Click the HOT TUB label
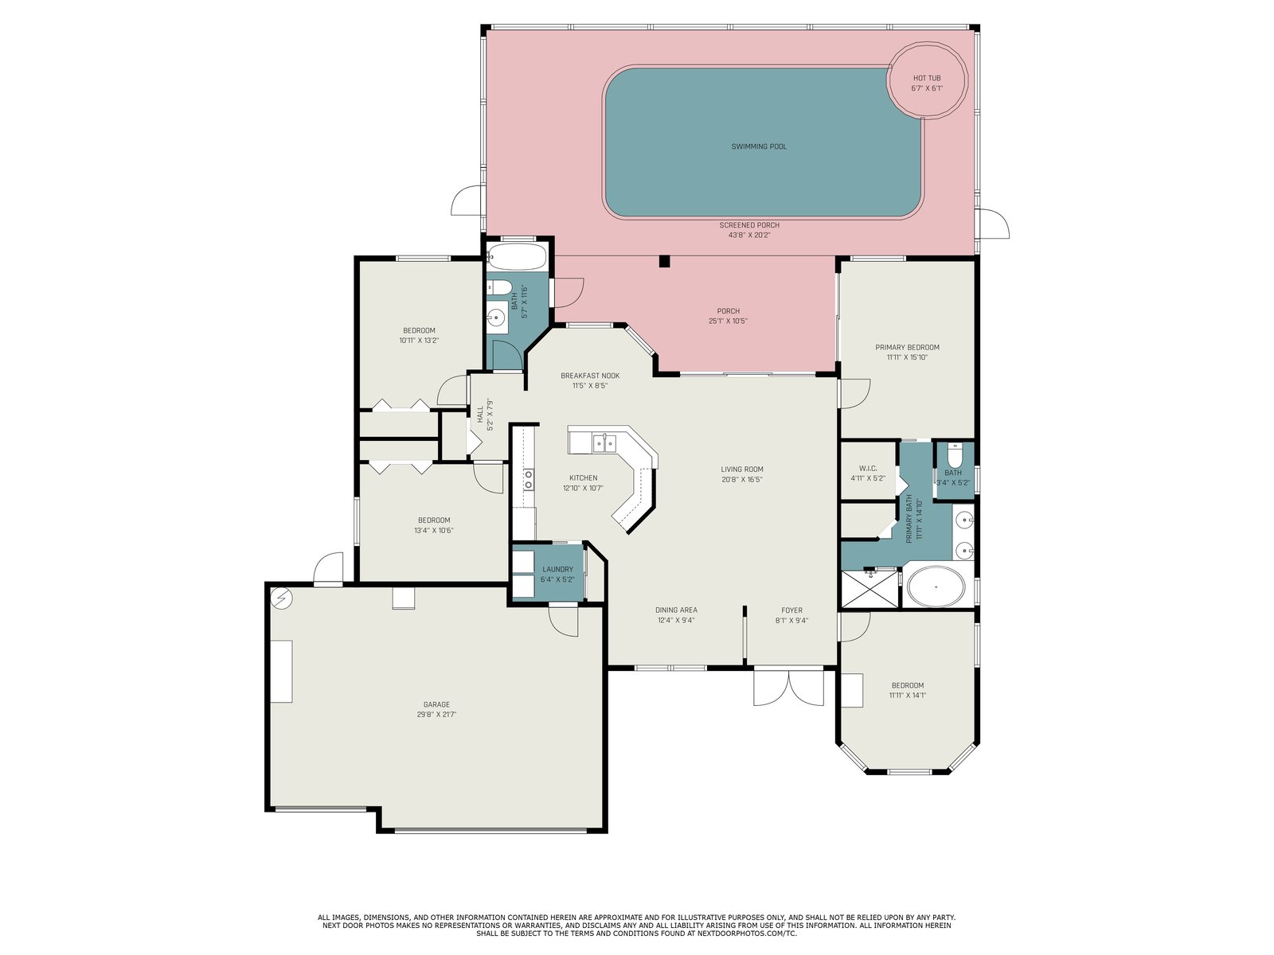click(926, 78)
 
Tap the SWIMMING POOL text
click(759, 146)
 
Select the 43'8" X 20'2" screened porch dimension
click(748, 236)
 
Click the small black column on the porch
click(664, 262)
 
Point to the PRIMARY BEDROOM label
click(907, 347)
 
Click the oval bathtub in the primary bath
click(936, 587)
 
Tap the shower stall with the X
click(869, 589)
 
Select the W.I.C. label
click(868, 469)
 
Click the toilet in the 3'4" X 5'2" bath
click(954, 455)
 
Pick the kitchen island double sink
click(604, 443)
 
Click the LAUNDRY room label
click(557, 569)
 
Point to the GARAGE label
click(436, 704)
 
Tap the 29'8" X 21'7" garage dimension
click(436, 715)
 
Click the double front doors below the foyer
click(788, 688)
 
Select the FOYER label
click(791, 610)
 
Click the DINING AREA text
click(676, 610)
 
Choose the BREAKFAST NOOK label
click(590, 376)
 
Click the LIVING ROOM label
click(742, 470)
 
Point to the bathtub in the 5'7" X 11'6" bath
click(517, 256)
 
